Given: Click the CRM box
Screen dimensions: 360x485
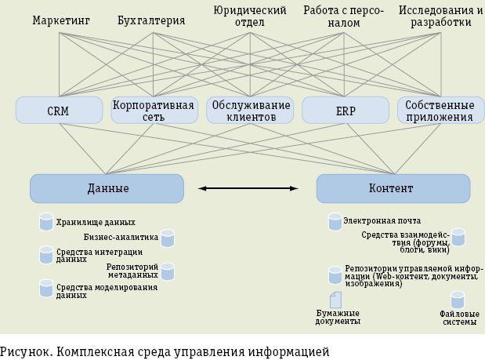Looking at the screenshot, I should (x=58, y=111).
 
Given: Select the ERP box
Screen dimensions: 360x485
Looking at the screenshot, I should (x=346, y=111).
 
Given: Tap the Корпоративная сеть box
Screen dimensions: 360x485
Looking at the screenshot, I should (x=154, y=111).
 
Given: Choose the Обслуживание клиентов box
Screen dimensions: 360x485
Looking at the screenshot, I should (x=249, y=111).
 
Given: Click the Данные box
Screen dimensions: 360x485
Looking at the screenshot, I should (x=107, y=188).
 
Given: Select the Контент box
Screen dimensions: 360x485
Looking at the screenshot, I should (x=393, y=188).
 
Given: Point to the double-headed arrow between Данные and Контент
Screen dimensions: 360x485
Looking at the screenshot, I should (x=248, y=188).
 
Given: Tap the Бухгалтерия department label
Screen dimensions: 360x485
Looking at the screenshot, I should (x=150, y=20).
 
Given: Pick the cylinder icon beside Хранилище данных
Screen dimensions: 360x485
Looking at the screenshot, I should (x=46, y=222).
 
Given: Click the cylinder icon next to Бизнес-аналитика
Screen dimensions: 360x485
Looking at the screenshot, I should (x=167, y=238).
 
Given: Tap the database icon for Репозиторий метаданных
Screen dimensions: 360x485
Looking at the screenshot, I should (x=167, y=271).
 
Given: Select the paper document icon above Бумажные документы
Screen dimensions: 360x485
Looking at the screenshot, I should (x=335, y=300).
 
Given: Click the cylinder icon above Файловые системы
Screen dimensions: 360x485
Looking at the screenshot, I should (x=458, y=300).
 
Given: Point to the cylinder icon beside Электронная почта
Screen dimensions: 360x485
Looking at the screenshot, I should (x=335, y=222).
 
